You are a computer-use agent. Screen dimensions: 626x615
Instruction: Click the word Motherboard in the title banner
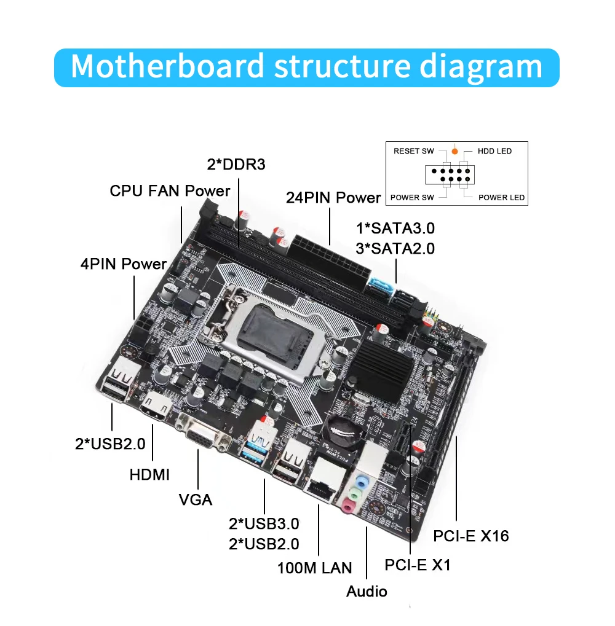tap(167, 66)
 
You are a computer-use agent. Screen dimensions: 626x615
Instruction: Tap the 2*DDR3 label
tap(236, 165)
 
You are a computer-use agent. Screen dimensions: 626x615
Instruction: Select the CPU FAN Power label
tap(170, 190)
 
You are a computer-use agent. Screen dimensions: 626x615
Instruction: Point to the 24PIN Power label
tap(333, 198)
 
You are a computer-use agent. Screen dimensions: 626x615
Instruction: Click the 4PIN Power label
tap(124, 264)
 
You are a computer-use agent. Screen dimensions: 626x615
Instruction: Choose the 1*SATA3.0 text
tap(395, 229)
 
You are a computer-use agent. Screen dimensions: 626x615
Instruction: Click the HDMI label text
tap(149, 474)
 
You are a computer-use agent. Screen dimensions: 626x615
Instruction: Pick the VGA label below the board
tap(196, 499)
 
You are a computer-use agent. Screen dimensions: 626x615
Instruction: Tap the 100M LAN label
tap(314, 568)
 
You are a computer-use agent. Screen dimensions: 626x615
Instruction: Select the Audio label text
tap(367, 592)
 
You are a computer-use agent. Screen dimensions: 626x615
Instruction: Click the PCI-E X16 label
tap(471, 536)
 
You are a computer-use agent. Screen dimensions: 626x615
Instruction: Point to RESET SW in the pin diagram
tap(414, 151)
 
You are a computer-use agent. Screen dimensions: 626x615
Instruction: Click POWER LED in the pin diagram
tap(501, 197)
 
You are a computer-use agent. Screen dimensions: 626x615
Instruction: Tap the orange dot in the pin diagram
tap(454, 151)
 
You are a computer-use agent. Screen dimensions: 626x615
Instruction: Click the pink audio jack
tap(349, 504)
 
